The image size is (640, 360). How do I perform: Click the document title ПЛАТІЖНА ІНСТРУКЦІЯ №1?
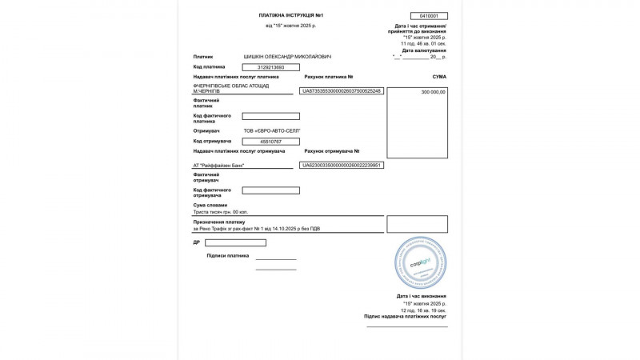pyautogui.click(x=290, y=15)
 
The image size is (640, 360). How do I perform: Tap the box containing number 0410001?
pyautogui.click(x=429, y=16)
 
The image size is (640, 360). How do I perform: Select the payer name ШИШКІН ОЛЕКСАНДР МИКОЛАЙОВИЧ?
pyautogui.click(x=287, y=57)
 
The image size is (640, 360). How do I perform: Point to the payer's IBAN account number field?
pyautogui.click(x=342, y=91)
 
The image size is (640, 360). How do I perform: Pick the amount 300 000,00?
pyautogui.click(x=433, y=92)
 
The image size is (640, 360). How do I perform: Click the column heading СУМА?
pyautogui.click(x=439, y=77)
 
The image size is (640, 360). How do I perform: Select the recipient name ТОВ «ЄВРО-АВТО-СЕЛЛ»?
pyautogui.click(x=272, y=130)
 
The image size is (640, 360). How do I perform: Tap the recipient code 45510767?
pyautogui.click(x=270, y=142)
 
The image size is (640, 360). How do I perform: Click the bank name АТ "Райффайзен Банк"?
pyautogui.click(x=219, y=166)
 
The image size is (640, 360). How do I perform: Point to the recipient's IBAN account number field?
pyautogui.click(x=342, y=165)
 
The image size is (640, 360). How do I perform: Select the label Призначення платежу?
pyautogui.click(x=219, y=222)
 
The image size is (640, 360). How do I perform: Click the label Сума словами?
pyautogui.click(x=210, y=205)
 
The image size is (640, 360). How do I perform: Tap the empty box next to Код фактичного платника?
pyautogui.click(x=270, y=116)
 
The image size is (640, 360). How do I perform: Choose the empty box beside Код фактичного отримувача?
pyautogui.click(x=270, y=190)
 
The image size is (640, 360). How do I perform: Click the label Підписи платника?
pyautogui.click(x=228, y=256)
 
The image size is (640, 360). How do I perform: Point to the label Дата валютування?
pyautogui.click(x=424, y=50)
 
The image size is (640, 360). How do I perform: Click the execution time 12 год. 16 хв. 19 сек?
pyautogui.click(x=424, y=310)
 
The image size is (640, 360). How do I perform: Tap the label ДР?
pyautogui.click(x=196, y=242)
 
